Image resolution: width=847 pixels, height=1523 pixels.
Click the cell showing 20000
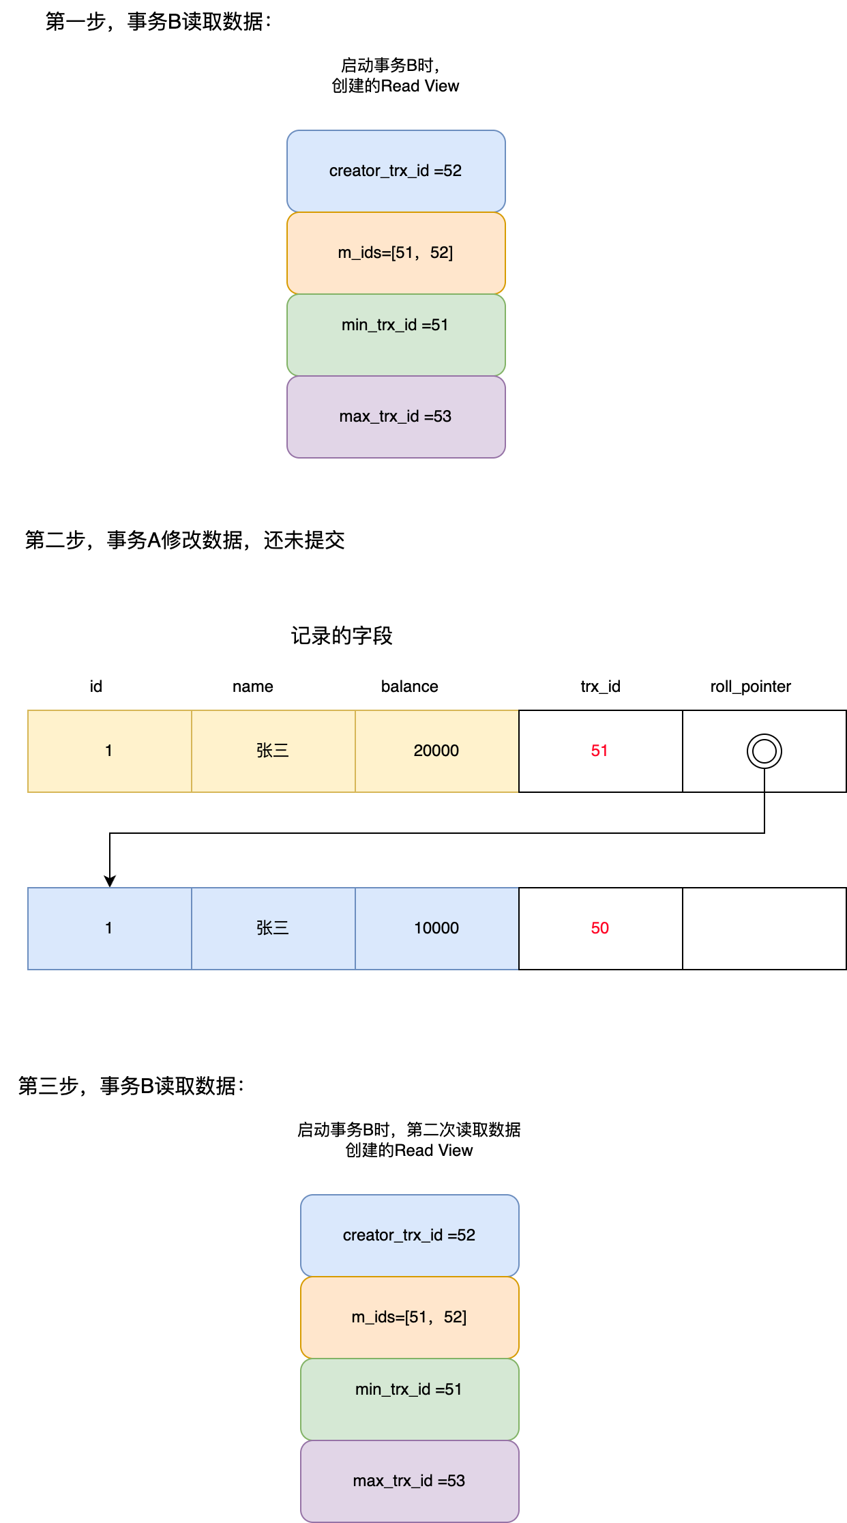click(x=436, y=751)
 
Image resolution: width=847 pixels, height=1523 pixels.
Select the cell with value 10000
click(x=436, y=928)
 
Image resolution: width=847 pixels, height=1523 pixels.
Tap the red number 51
click(x=599, y=751)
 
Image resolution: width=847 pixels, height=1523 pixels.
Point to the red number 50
click(x=599, y=928)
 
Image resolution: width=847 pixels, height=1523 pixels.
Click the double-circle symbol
click(x=764, y=751)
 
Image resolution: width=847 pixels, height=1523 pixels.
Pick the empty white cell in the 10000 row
click(x=764, y=928)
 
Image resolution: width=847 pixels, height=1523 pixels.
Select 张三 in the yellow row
click(x=273, y=751)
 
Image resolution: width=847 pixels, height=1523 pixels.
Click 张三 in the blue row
click(x=273, y=928)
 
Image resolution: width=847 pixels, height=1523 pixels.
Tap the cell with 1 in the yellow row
click(x=109, y=751)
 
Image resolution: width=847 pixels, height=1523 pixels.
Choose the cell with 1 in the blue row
click(x=109, y=928)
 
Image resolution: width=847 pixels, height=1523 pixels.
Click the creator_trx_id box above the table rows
click(x=396, y=171)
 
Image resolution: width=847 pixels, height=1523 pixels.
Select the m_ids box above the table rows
click(x=396, y=252)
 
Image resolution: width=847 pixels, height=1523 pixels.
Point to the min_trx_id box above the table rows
click(x=396, y=334)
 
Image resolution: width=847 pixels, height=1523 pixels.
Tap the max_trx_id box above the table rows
click(x=396, y=416)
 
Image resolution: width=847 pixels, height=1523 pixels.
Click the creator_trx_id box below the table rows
click(x=409, y=1235)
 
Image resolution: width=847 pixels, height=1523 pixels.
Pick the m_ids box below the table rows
click(x=409, y=1317)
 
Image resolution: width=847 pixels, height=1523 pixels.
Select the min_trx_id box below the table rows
click(x=409, y=1399)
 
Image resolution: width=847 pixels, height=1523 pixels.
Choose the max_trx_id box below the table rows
click(x=409, y=1481)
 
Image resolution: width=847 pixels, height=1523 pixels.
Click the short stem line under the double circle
click(x=764, y=780)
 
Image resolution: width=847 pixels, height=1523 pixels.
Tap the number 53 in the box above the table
click(x=443, y=416)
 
